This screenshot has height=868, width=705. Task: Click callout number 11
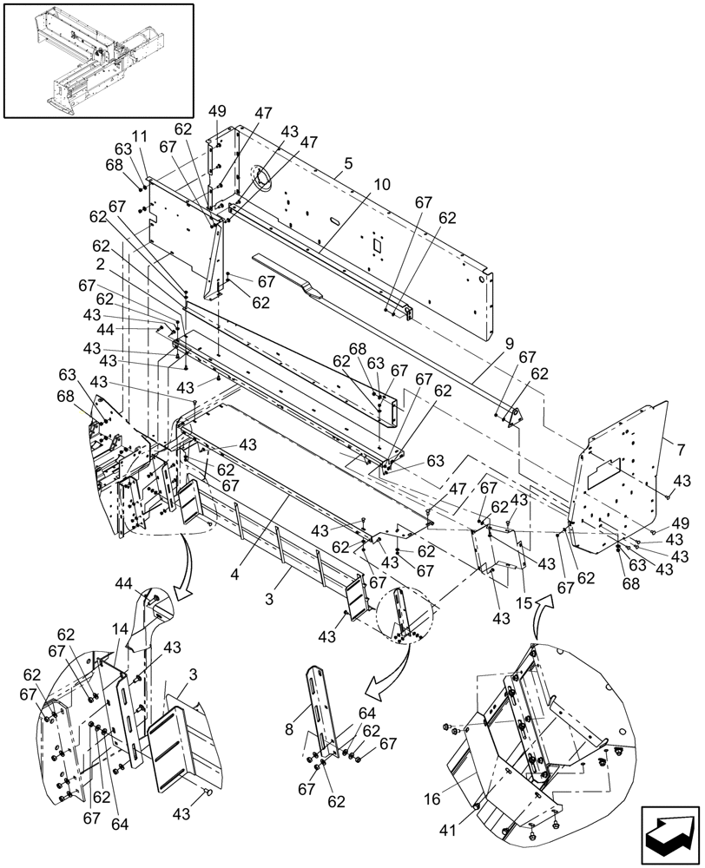(139, 137)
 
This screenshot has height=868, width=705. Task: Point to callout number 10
(383, 185)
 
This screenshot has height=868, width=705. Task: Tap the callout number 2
(102, 263)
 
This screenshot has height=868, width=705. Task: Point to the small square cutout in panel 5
(378, 246)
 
